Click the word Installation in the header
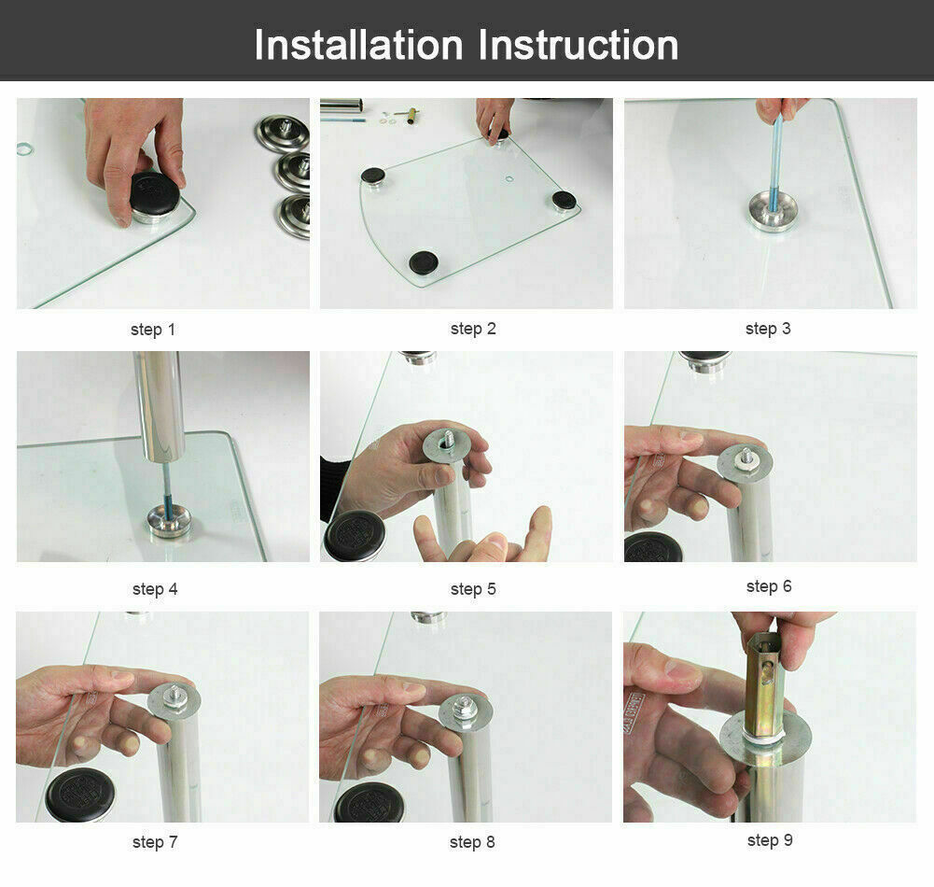pos(358,45)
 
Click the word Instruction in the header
pos(579,45)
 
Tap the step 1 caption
pos(153,330)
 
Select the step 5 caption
pos(473,589)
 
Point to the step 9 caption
pos(770,840)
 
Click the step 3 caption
pos(768,329)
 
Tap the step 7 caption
pos(155,842)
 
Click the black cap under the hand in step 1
pos(154,193)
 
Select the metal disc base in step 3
pos(774,212)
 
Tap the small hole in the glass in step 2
pos(509,178)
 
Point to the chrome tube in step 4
pos(159,406)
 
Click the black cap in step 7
pos(79,795)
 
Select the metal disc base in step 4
pos(170,521)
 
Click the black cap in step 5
pos(355,535)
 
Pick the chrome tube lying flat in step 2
pos(342,106)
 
